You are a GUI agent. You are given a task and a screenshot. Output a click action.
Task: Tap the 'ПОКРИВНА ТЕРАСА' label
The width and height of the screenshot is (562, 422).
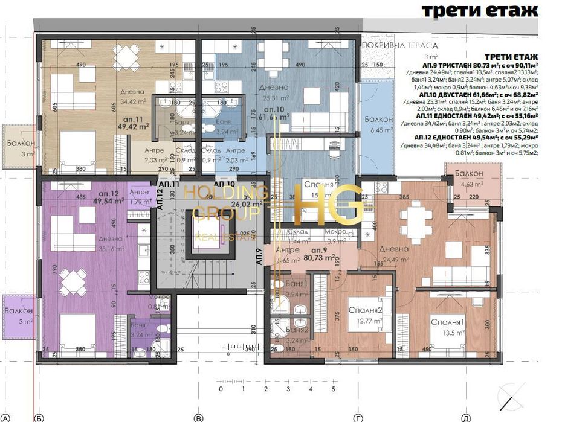399,45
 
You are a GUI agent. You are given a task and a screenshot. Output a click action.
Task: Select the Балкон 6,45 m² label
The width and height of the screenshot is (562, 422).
379,124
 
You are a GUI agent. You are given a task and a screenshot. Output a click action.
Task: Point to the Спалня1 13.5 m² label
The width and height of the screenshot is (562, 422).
448,327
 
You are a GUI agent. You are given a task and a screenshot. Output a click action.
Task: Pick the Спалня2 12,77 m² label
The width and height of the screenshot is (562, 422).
366,315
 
